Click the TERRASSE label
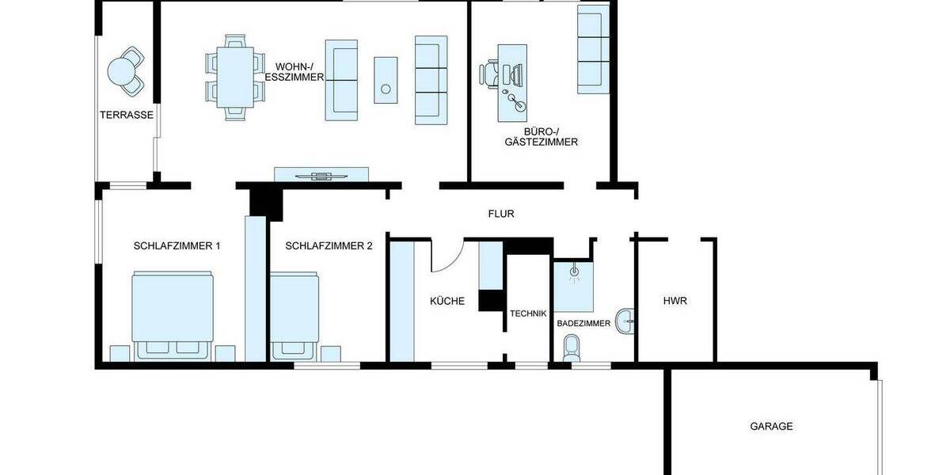(x=126, y=115)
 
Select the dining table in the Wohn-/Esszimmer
(x=235, y=77)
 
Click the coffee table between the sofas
(x=386, y=79)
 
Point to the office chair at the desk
(x=492, y=74)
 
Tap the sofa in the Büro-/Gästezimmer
(x=591, y=47)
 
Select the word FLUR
(x=501, y=214)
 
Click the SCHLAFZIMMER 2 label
(x=329, y=246)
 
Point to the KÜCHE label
(x=447, y=302)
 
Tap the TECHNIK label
(x=528, y=313)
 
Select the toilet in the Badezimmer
(x=570, y=348)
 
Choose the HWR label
(x=674, y=301)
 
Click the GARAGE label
(x=771, y=426)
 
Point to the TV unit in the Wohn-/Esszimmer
(x=321, y=175)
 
